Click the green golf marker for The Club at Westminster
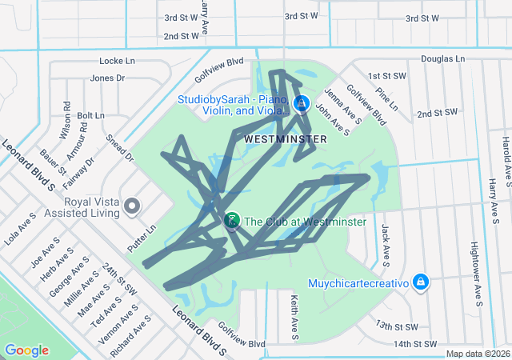coord(232,220)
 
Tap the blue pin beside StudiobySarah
coord(302,103)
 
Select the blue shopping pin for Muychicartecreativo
coord(421,282)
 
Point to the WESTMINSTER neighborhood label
coord(286,139)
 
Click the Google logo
coord(26,350)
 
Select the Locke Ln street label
coord(117,61)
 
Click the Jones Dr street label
coord(108,78)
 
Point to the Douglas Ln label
coord(442,59)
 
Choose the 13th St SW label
coord(396,326)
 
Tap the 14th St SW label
coord(416,344)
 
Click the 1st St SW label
coord(383,76)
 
